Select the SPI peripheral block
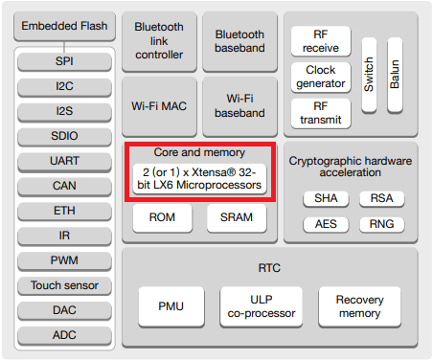(63, 62)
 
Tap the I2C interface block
(63, 86)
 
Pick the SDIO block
(63, 136)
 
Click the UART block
(63, 161)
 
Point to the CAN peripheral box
(63, 186)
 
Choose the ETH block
(63, 211)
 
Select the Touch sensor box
(63, 285)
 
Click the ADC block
(63, 335)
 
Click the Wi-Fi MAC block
(159, 106)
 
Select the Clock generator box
(320, 78)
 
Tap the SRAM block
(236, 218)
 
